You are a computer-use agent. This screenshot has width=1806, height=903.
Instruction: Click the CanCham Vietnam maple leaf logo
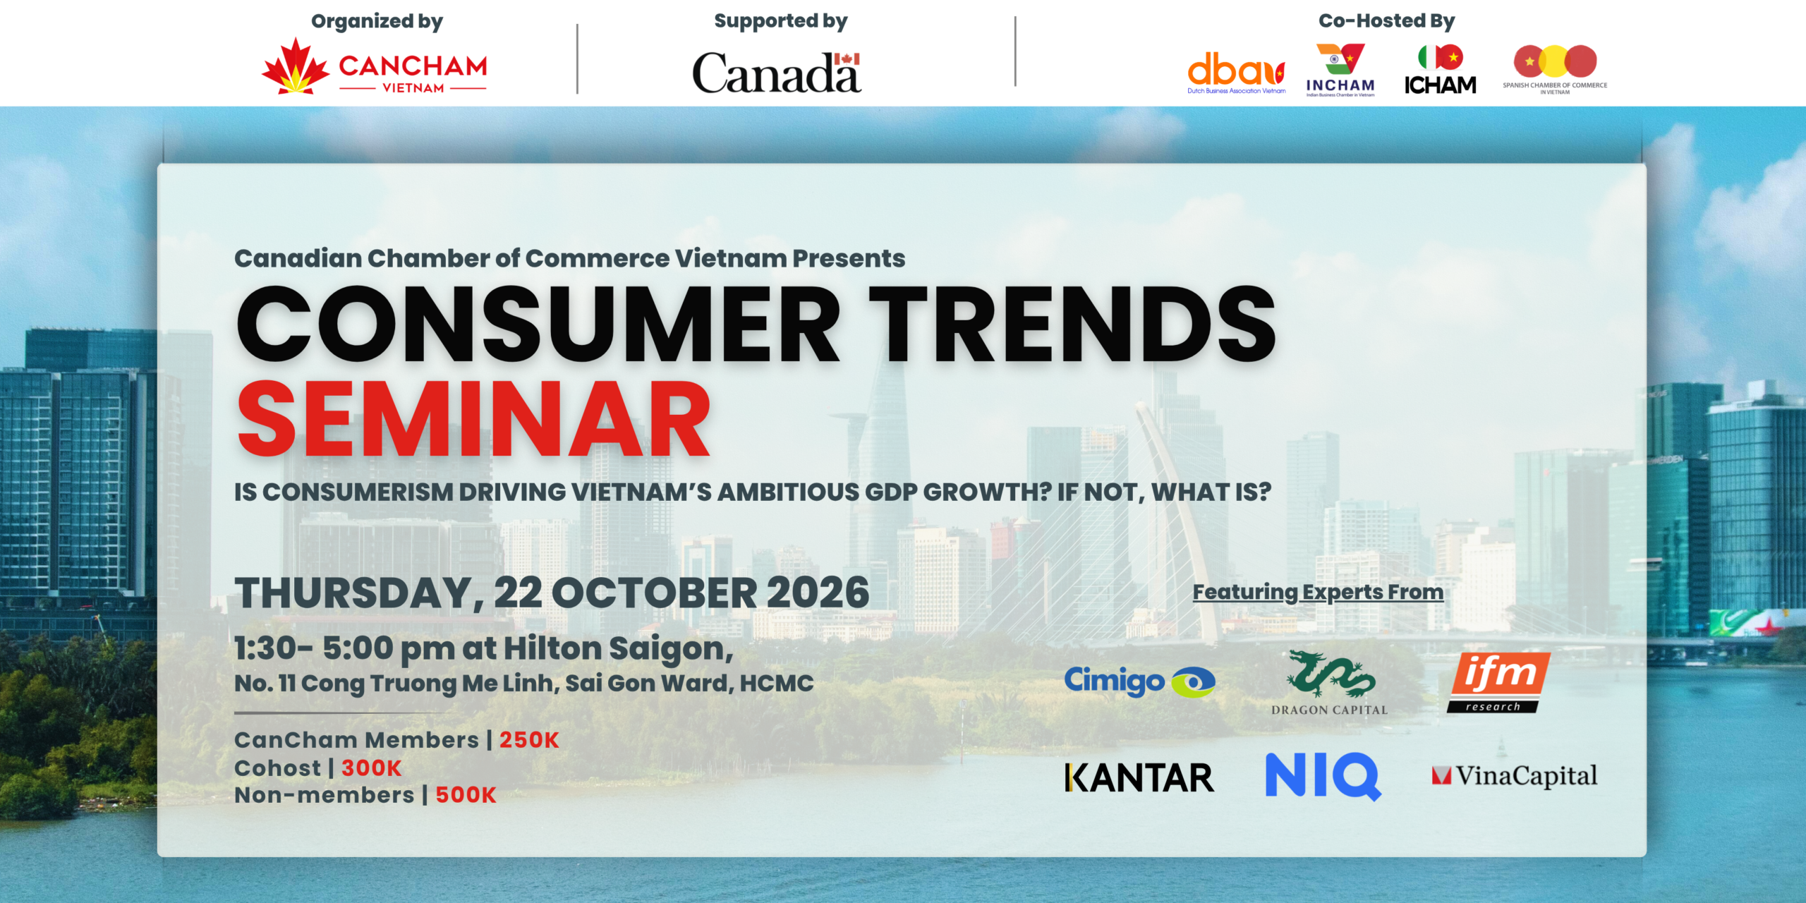(374, 66)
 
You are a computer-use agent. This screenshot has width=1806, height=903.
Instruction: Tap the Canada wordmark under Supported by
(777, 73)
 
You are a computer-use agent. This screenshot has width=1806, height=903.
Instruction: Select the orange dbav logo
(1236, 73)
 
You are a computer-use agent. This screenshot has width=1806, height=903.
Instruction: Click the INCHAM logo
(1340, 70)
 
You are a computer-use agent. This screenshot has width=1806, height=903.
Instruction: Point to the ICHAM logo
(1440, 70)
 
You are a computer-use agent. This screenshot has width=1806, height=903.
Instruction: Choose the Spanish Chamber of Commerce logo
(1555, 69)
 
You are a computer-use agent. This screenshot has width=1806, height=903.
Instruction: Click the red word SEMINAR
(474, 419)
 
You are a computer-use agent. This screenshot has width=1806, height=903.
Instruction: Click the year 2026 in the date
(818, 592)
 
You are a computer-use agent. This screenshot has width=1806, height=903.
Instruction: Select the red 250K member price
(529, 740)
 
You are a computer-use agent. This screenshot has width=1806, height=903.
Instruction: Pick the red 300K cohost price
(372, 768)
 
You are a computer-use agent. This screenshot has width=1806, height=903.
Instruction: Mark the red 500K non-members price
(466, 795)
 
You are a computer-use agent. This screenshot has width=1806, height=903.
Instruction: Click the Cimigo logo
(1139, 681)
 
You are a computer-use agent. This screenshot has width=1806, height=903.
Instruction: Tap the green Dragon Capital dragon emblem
(1331, 674)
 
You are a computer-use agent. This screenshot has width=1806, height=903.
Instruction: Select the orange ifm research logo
(1498, 683)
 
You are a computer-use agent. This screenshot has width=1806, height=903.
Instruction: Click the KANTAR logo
(1139, 778)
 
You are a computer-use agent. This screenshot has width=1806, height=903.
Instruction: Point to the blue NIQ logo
(1323, 776)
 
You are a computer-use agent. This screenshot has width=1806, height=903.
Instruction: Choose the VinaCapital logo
(1515, 776)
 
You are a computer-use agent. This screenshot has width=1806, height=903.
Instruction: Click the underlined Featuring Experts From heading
(1318, 592)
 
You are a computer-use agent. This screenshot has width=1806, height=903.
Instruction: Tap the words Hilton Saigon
(619, 648)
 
